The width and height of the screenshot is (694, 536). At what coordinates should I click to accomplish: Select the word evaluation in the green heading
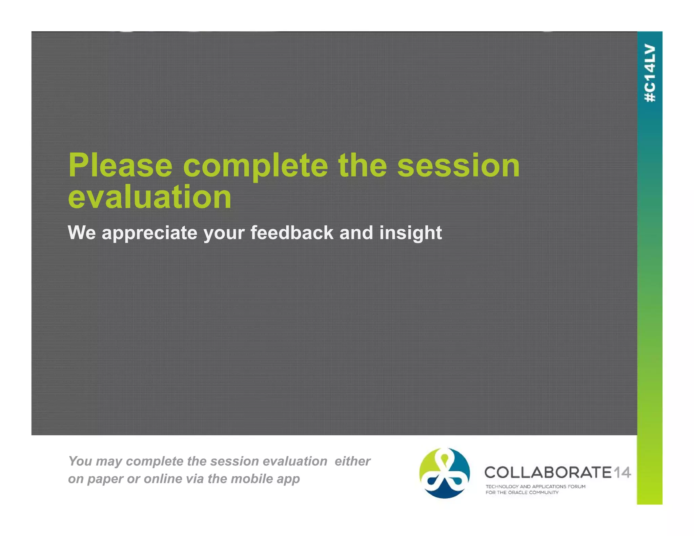[149, 197]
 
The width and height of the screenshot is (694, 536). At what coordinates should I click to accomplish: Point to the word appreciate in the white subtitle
[149, 233]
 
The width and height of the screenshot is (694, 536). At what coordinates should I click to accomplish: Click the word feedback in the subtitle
[292, 233]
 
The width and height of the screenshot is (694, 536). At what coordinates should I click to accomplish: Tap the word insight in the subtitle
[410, 233]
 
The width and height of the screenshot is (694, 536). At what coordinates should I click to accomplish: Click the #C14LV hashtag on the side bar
[650, 73]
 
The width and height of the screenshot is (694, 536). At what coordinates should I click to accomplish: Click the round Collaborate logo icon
[445, 473]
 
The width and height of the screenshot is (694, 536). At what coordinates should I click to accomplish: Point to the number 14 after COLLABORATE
[622, 472]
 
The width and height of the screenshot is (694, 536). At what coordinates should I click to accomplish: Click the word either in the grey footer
[352, 461]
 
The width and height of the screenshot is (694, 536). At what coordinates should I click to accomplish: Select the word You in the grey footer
[80, 461]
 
